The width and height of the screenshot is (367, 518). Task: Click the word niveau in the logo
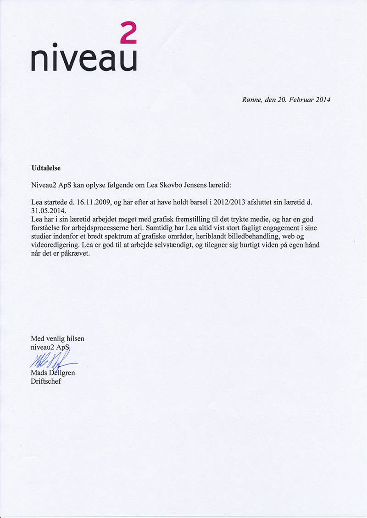[x=83, y=59]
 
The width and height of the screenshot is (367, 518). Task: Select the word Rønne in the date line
[x=251, y=99]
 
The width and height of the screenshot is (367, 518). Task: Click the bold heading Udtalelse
[x=46, y=168]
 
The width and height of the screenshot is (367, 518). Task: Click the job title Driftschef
[x=46, y=381]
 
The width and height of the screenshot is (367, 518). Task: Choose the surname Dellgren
[x=61, y=373]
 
